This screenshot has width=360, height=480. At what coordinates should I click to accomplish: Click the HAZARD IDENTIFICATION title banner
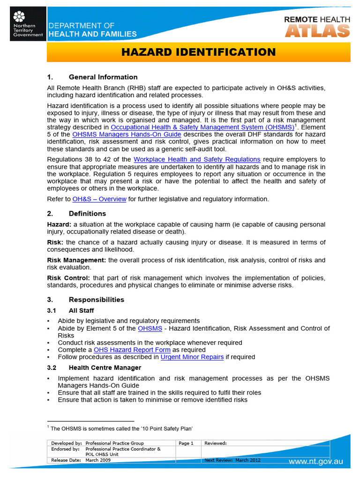click(198, 52)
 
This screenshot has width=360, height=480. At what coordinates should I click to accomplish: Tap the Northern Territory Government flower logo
click(19, 17)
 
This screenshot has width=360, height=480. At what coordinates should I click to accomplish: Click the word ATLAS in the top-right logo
click(317, 31)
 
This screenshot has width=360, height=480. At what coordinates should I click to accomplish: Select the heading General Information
click(103, 77)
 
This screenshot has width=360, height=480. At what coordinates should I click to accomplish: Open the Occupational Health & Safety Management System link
click(202, 127)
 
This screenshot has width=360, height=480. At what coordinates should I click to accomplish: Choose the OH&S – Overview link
click(99, 199)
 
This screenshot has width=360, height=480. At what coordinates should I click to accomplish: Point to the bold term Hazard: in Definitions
click(59, 225)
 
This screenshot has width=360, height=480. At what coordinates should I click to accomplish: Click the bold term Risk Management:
click(77, 260)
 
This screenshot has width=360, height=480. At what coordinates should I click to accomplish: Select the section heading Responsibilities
click(96, 300)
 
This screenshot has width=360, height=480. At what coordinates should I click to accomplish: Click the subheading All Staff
click(81, 310)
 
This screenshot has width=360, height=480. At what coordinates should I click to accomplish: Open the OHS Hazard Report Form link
click(132, 350)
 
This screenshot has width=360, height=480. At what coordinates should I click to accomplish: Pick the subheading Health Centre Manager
click(105, 367)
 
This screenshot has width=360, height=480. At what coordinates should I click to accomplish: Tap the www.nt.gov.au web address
click(315, 462)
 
